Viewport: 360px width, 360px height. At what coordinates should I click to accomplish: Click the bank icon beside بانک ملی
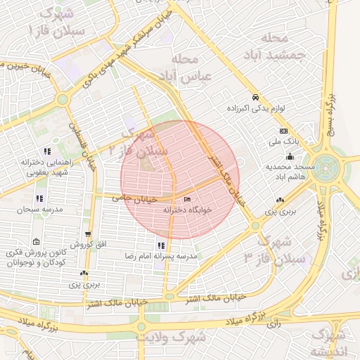click(283, 131)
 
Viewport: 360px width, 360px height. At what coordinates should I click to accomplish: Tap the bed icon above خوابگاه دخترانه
click(186, 200)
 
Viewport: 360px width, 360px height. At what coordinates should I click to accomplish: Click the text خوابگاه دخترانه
click(186, 210)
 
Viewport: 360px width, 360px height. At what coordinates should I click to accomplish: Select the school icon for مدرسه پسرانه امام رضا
click(161, 245)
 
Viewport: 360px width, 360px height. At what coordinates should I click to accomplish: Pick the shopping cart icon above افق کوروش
click(88, 235)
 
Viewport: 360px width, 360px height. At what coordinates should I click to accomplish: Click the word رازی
click(275, 325)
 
